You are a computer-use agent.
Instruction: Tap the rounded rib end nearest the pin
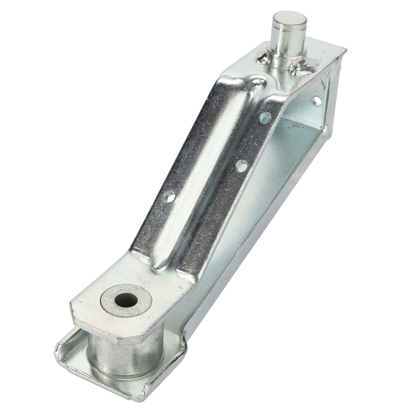coord(259,81)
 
